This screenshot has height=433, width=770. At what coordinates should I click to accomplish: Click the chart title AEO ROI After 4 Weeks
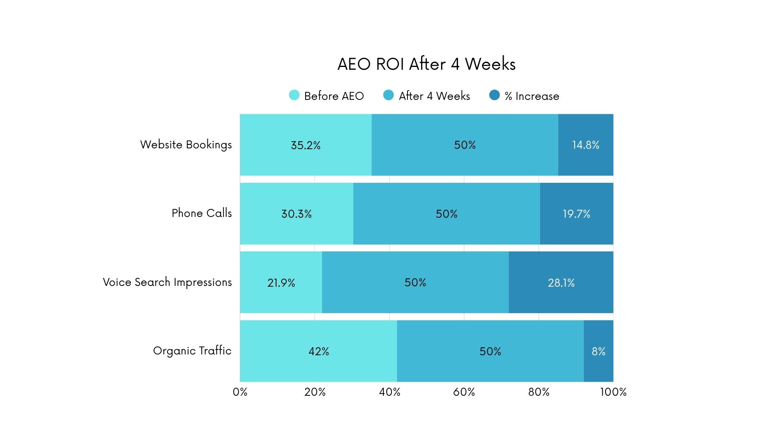point(426,64)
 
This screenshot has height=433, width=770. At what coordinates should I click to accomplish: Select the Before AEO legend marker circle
point(294,95)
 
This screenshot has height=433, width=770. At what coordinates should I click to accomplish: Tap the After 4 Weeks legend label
point(434,96)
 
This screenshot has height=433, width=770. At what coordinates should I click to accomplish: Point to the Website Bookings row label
point(186,145)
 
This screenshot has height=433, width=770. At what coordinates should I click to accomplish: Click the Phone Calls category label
point(201,213)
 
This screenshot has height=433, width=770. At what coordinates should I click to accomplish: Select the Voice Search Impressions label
point(167,282)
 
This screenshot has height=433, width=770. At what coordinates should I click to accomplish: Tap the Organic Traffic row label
point(192,351)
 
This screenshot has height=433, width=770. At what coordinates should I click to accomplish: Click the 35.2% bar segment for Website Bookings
point(306,145)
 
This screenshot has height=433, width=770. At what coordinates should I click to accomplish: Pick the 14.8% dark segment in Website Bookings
point(586,145)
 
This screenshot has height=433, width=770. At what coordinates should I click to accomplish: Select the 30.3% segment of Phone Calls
point(296,214)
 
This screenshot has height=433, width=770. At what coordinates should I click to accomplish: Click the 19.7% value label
point(576,214)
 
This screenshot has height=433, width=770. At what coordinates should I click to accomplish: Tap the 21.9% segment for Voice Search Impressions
point(281,283)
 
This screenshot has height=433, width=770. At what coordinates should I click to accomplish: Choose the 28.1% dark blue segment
point(561,283)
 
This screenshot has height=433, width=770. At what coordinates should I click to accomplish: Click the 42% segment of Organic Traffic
point(318,351)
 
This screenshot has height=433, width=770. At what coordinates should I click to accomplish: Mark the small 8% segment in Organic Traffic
point(598,351)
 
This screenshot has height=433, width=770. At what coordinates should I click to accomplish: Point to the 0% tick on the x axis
point(240,392)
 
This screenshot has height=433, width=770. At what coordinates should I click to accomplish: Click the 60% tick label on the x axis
point(464,392)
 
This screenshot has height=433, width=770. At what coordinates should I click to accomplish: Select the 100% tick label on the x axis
point(613,392)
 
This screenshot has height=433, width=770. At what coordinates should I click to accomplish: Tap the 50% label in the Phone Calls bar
point(446,214)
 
